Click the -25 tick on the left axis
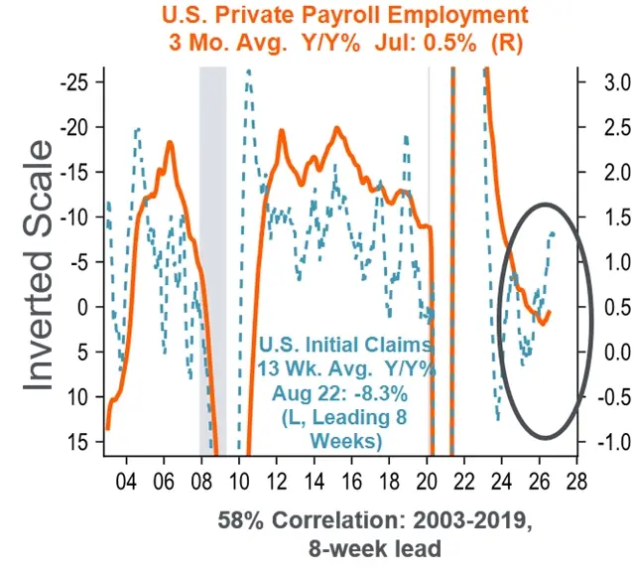[77, 82]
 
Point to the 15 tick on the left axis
[76, 442]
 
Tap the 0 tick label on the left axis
[82, 307]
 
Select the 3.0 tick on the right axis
[617, 82]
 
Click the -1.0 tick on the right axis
[614, 442]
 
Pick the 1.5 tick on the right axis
[617, 217]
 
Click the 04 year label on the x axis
[126, 482]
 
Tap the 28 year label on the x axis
[576, 482]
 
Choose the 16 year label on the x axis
[351, 482]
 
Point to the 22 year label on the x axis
[464, 482]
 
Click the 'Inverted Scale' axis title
[38, 265]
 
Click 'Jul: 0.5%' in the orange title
[425, 43]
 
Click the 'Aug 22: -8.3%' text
[340, 393]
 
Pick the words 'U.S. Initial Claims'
[344, 346]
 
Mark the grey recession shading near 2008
[212, 261]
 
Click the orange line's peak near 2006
[170, 142]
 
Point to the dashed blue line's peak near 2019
[406, 137]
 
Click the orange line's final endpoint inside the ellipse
[549, 312]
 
